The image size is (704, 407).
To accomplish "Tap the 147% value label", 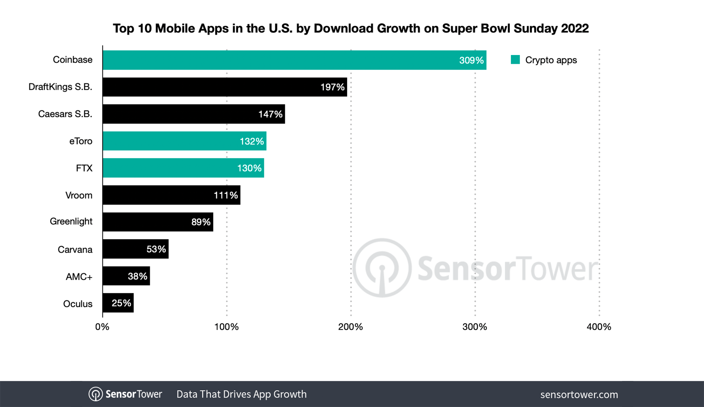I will point(270,114).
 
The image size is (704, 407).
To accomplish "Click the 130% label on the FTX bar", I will point(249,168).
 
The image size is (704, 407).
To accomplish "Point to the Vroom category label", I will point(79,195).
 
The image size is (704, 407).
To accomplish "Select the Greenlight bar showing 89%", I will point(158,222).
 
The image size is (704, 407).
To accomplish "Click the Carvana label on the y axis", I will point(75,250).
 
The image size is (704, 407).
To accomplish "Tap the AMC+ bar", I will point(126,276).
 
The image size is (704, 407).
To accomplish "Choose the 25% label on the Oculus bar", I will point(121,303).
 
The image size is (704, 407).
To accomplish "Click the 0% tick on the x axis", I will point(102,327).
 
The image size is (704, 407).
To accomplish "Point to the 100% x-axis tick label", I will point(226,327).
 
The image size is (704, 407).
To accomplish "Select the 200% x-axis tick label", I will point(351,327).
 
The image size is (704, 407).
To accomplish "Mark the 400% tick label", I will point(599,327).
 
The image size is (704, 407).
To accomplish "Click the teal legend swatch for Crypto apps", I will point(515,60).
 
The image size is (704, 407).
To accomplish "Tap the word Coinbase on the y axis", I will point(72,60).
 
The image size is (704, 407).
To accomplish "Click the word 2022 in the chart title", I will point(574,28).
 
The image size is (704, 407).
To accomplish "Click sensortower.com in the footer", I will point(579,395).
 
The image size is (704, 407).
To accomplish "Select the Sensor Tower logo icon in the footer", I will point(95,394).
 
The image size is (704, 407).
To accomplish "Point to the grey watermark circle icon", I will point(382,268).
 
